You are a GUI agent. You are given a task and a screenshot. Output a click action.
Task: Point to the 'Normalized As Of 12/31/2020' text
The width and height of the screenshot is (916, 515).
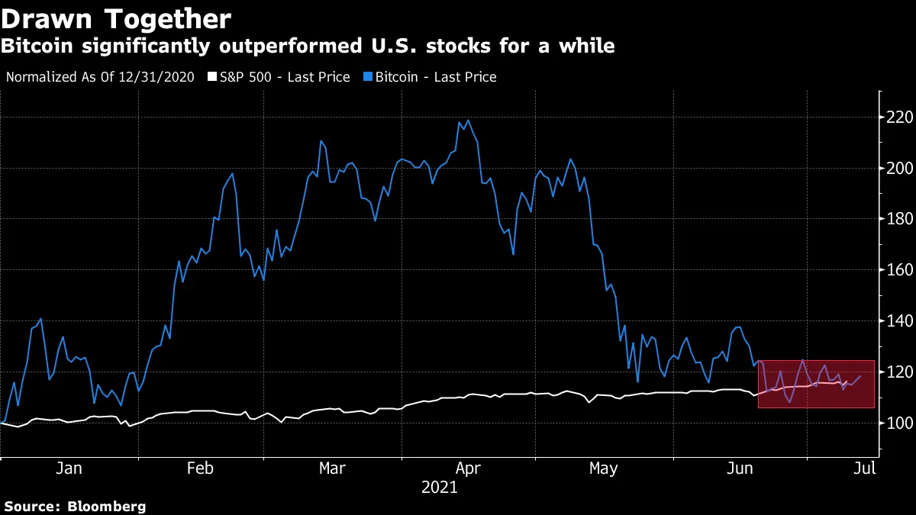pyautogui.click(x=99, y=77)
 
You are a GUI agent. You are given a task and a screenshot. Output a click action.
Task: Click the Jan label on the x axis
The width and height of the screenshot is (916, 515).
pyautogui.click(x=69, y=468)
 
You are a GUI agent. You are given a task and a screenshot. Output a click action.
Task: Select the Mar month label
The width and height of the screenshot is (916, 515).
pyautogui.click(x=333, y=468)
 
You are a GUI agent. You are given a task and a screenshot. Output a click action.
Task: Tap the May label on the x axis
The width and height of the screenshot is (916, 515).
pyautogui.click(x=604, y=468)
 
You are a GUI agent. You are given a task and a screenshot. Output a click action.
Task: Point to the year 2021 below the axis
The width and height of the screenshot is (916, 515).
pyautogui.click(x=439, y=487)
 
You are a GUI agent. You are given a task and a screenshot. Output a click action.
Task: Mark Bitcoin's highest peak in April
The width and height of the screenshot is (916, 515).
pyautogui.click(x=467, y=120)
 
